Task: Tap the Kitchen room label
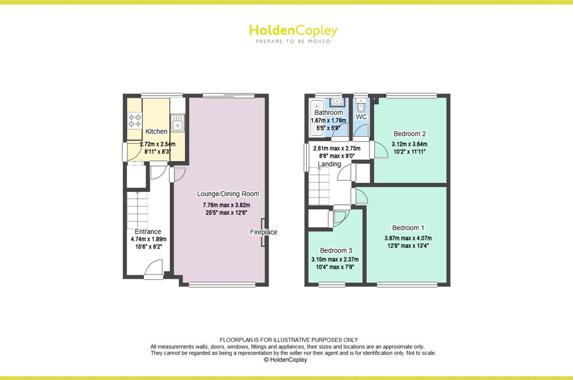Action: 156,131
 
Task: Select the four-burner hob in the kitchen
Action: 135,121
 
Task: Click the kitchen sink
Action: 178,123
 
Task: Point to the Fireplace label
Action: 264,232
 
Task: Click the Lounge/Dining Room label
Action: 228,194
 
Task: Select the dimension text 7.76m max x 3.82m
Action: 226,205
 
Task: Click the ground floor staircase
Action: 138,210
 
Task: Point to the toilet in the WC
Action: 361,106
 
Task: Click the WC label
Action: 361,117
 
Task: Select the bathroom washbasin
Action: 337,102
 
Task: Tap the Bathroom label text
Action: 329,113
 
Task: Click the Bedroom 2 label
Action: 410,134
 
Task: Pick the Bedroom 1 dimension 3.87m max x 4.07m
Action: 408,238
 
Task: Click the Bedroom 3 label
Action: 336,251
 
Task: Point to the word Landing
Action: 329,164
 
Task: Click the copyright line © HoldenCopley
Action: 285,360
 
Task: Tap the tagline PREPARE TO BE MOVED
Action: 293,41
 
